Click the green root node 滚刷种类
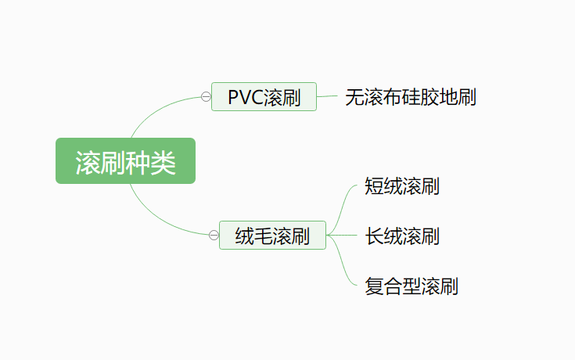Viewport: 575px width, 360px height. [x=125, y=161]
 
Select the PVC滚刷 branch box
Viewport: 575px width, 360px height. [x=264, y=97]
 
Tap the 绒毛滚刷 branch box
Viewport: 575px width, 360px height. [x=272, y=235]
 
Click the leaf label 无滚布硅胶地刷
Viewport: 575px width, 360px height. [x=411, y=97]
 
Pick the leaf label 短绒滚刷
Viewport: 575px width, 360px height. [x=402, y=186]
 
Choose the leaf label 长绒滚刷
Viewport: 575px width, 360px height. [x=402, y=236]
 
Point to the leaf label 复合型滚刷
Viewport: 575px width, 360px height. [x=411, y=286]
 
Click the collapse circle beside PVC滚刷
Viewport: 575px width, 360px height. [x=206, y=97]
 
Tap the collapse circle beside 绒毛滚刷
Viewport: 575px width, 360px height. [x=214, y=235]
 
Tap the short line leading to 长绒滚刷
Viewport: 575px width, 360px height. [x=348, y=235]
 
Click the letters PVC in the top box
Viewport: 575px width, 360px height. [x=245, y=97]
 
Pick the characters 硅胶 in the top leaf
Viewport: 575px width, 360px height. [x=421, y=97]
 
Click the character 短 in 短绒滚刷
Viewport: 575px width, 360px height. [x=374, y=186]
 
